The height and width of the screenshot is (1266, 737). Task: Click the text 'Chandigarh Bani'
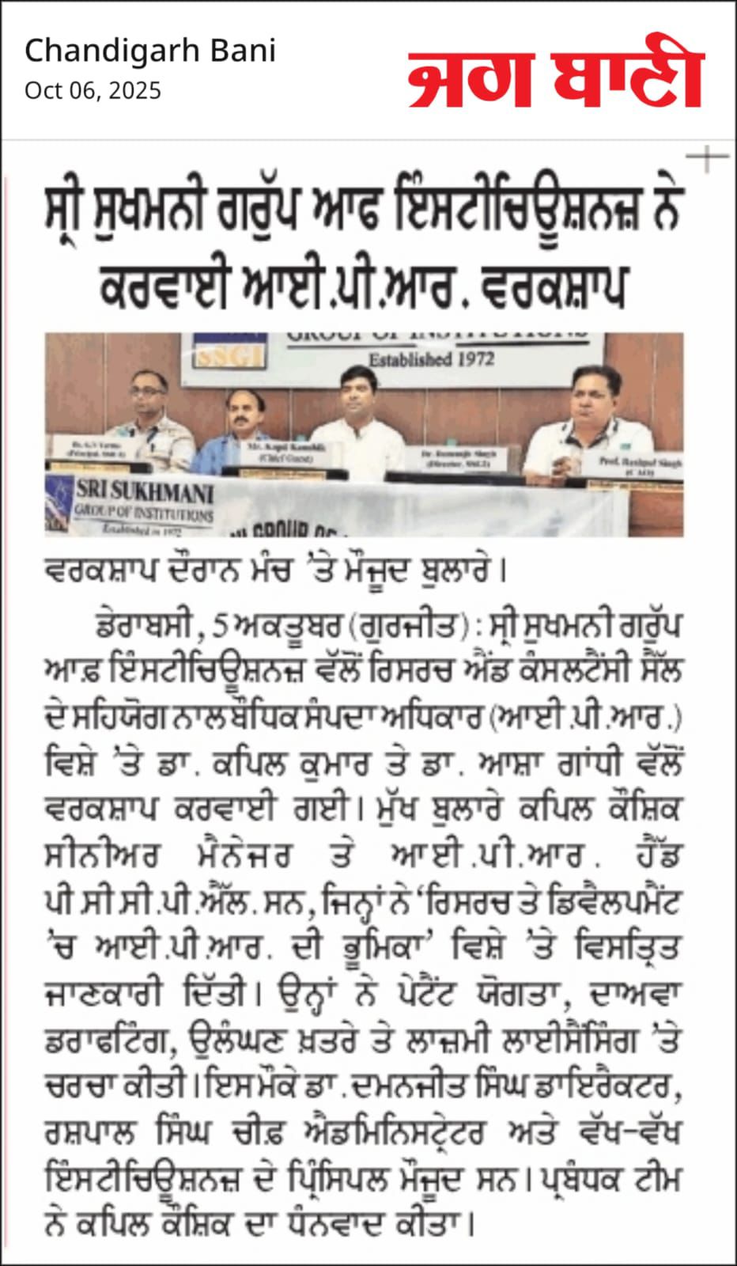pyautogui.click(x=150, y=51)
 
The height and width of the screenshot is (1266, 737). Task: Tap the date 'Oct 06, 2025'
pyautogui.click(x=93, y=91)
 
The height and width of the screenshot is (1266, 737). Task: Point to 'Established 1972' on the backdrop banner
pyautogui.click(x=431, y=359)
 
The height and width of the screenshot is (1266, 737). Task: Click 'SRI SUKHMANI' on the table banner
pyautogui.click(x=145, y=493)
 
